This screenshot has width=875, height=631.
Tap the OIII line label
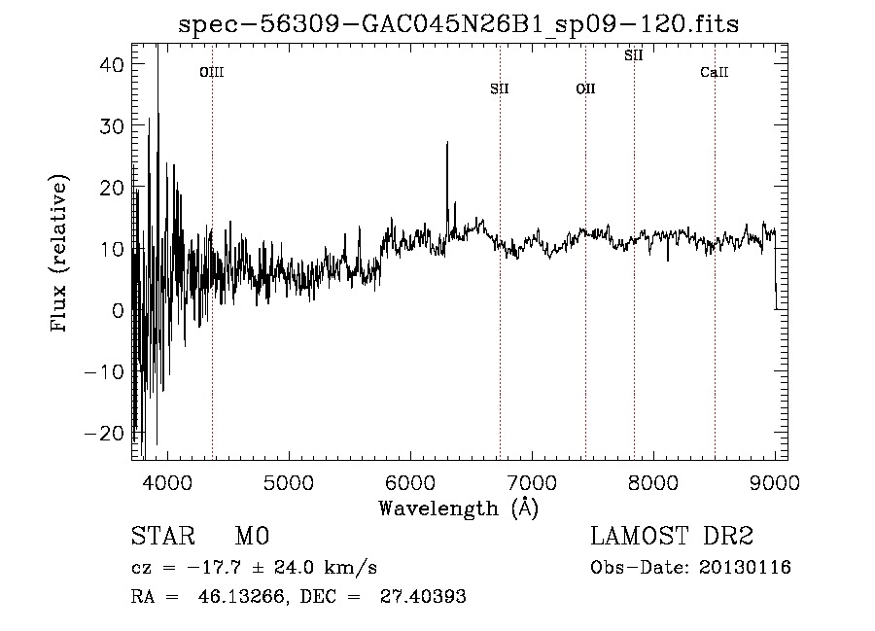pyautogui.click(x=212, y=72)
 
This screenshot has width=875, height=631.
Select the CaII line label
pyautogui.click(x=715, y=72)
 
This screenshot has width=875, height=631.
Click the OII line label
pyautogui.click(x=585, y=89)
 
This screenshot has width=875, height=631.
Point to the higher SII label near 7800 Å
pyautogui.click(x=634, y=55)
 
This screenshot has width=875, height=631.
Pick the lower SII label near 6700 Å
pyautogui.click(x=500, y=89)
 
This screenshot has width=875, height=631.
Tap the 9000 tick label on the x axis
pyautogui.click(x=775, y=480)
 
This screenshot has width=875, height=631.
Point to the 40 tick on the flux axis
pyautogui.click(x=109, y=64)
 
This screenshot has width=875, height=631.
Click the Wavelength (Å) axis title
pyautogui.click(x=458, y=508)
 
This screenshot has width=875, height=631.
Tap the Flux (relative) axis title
pyautogui.click(x=61, y=254)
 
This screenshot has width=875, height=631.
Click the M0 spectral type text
pyautogui.click(x=252, y=538)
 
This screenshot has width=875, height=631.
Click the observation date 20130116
pyautogui.click(x=745, y=567)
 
